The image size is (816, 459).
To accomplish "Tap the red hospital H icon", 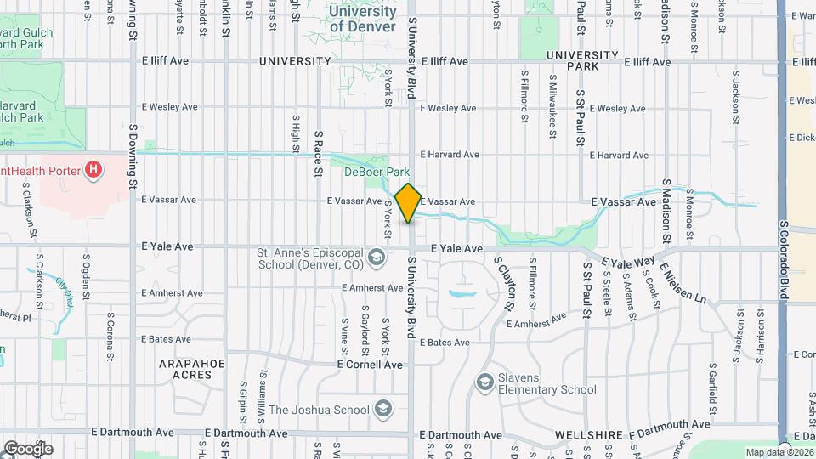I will (x=94, y=171).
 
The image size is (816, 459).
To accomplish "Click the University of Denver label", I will (x=362, y=19).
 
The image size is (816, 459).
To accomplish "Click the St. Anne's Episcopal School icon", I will (x=373, y=256).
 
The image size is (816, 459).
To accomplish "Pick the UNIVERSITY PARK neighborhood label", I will (x=582, y=60).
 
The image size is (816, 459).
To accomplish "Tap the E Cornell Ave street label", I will (x=370, y=364).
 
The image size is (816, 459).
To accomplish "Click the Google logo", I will (x=28, y=448).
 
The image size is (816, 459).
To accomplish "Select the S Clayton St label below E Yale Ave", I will (x=505, y=283).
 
